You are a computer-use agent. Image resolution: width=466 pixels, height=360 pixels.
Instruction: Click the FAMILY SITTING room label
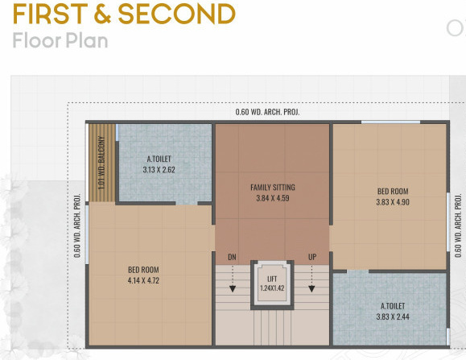click(271, 187)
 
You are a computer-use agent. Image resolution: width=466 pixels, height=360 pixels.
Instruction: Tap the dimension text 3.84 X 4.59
click(271, 198)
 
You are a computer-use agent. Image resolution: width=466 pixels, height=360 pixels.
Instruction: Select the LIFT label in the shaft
click(271, 278)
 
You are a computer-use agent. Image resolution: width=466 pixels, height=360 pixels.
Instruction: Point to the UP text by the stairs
click(311, 257)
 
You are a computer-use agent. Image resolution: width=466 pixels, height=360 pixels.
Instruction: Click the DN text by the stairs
click(232, 257)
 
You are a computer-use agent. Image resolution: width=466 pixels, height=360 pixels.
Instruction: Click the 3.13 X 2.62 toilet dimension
click(159, 170)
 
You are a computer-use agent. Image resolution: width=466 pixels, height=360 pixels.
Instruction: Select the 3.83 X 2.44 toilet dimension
click(393, 317)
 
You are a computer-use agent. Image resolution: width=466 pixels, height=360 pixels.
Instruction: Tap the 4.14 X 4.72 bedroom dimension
click(144, 281)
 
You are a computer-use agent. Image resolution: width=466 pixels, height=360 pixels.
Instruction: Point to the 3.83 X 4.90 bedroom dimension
click(393, 202)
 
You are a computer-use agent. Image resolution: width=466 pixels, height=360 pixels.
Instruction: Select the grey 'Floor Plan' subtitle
click(60, 40)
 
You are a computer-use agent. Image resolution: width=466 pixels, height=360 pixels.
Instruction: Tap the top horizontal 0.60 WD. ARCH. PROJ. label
click(267, 112)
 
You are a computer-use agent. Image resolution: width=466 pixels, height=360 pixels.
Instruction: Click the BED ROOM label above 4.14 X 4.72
click(144, 270)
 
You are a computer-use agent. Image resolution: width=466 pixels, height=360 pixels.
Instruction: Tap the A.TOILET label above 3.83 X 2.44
click(393, 306)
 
